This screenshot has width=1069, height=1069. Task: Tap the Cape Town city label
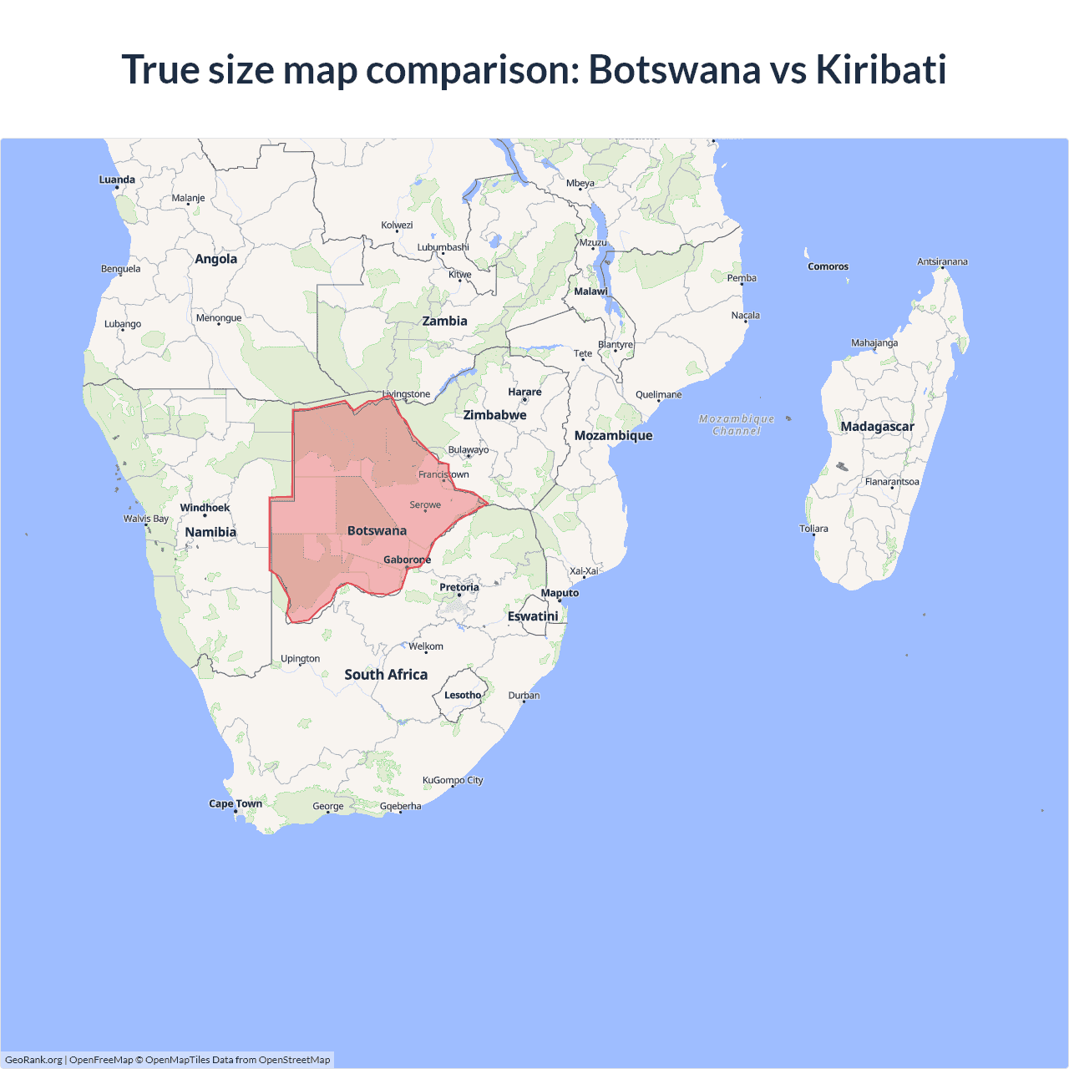[236, 803]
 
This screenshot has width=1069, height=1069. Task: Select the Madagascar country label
[877, 427]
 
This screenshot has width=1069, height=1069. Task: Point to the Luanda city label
[117, 180]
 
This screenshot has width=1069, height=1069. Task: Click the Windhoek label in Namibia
[205, 508]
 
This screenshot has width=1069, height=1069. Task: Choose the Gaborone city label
[407, 560]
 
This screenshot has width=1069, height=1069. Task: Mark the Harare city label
[524, 392]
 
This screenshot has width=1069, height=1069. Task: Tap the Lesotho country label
[463, 695]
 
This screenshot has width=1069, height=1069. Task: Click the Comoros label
[828, 266]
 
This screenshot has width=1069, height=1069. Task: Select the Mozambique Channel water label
[737, 424]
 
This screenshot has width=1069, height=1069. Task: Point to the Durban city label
[524, 695]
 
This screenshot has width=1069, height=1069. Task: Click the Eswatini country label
[533, 616]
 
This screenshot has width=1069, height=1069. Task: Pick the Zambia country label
[444, 321]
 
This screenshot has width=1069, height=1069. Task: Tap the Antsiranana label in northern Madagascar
[942, 261]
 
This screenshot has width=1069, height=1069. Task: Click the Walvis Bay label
[146, 519]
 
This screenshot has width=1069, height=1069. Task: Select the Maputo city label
[560, 593]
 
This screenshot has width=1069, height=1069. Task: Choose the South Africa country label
[386, 675]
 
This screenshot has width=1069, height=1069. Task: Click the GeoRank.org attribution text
[33, 1060]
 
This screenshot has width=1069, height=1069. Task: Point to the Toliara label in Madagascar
[813, 529]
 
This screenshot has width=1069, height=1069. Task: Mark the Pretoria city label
[459, 587]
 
